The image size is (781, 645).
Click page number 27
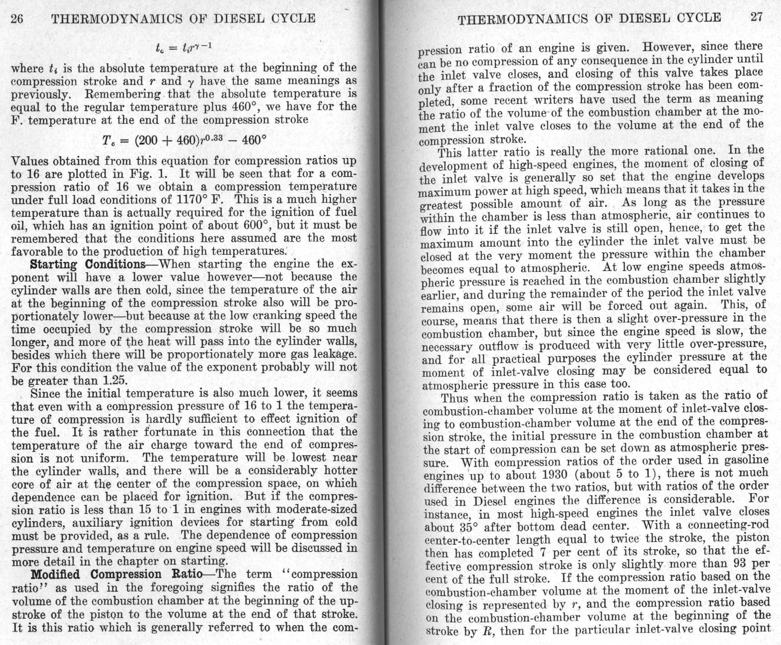[x=756, y=17]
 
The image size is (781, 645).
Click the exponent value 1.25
[x=116, y=381]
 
